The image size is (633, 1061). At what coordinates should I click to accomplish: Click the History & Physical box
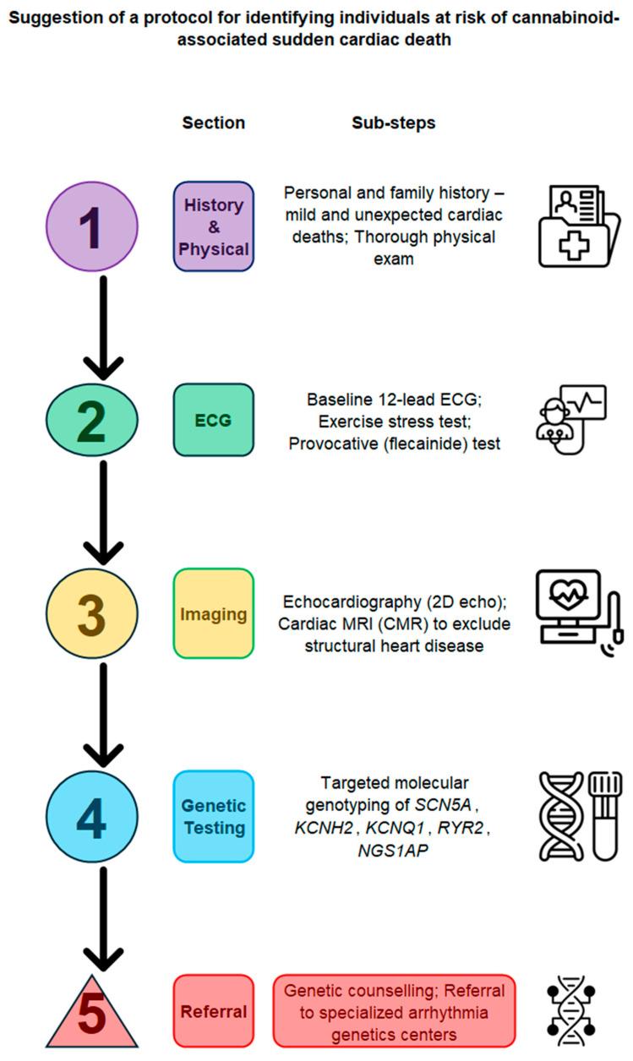(x=214, y=226)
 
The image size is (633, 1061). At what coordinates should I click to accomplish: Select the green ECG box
(x=214, y=419)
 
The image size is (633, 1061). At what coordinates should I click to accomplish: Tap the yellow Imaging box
(x=214, y=613)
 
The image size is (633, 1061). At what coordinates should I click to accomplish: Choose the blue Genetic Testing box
(x=214, y=816)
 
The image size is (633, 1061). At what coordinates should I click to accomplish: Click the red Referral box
(x=214, y=1011)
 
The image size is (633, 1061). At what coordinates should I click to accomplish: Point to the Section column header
(x=214, y=122)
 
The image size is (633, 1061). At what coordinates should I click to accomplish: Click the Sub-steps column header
(x=393, y=122)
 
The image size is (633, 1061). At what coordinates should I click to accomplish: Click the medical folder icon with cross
(x=578, y=226)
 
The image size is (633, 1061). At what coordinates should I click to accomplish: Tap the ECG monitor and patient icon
(x=571, y=419)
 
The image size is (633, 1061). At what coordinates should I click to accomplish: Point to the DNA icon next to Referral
(x=572, y=1012)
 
